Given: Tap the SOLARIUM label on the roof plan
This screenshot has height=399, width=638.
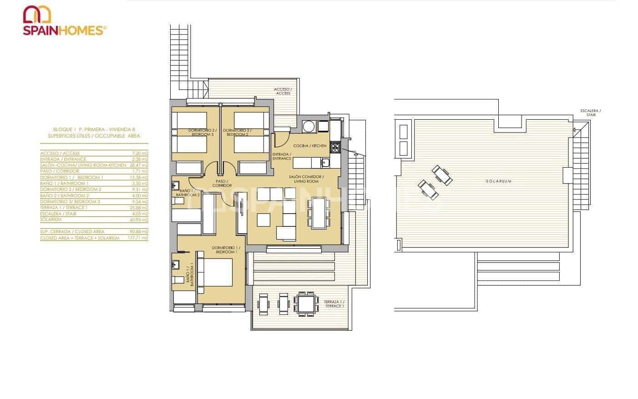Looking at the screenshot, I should (x=498, y=181).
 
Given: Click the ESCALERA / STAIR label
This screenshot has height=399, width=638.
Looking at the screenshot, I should (x=590, y=113).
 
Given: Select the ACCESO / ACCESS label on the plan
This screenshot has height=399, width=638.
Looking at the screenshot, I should (x=283, y=91).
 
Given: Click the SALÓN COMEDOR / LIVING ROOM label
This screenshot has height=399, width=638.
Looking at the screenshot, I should (x=306, y=179).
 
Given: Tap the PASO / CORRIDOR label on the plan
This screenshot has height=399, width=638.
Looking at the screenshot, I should (x=222, y=183).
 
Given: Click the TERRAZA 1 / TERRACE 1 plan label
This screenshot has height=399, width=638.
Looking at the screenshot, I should (x=334, y=304).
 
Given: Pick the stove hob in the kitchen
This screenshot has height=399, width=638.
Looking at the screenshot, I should (x=335, y=147).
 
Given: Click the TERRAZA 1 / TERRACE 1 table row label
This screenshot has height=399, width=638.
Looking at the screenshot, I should (x=64, y=208).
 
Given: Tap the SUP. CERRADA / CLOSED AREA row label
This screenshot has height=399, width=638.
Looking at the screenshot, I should (x=73, y=232).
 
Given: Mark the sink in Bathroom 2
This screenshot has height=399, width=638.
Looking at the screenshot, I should (x=176, y=185).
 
